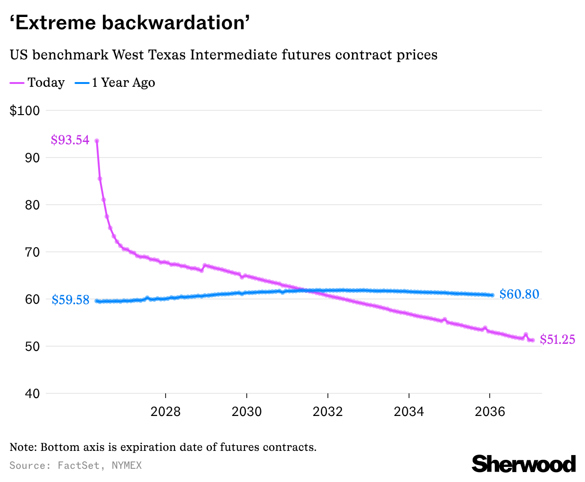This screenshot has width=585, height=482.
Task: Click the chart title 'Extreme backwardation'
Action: pos(130,22)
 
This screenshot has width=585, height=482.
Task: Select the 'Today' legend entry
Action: pos(46,83)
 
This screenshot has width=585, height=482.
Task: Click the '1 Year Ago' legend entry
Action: pos(123,83)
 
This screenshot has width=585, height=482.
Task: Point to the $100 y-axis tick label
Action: pos(31,111)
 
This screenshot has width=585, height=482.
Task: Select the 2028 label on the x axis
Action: pos(166,412)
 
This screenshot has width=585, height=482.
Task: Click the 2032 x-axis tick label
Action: pos(328,412)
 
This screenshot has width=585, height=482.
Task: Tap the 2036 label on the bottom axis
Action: pos(490,412)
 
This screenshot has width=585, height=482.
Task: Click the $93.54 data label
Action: pos(70,140)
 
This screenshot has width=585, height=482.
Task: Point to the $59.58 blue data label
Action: pos(70,300)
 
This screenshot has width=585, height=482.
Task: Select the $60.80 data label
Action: pos(519,294)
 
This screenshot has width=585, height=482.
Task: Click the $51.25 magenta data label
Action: pos(557,340)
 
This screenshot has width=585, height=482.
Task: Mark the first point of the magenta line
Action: pos(97,141)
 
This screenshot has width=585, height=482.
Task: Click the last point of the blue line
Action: pos(492,295)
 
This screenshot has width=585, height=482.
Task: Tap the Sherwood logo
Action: pos(524,464)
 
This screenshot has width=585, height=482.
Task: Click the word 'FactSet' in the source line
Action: pos(78,465)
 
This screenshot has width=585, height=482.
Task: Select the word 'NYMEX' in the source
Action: pos(126,465)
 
